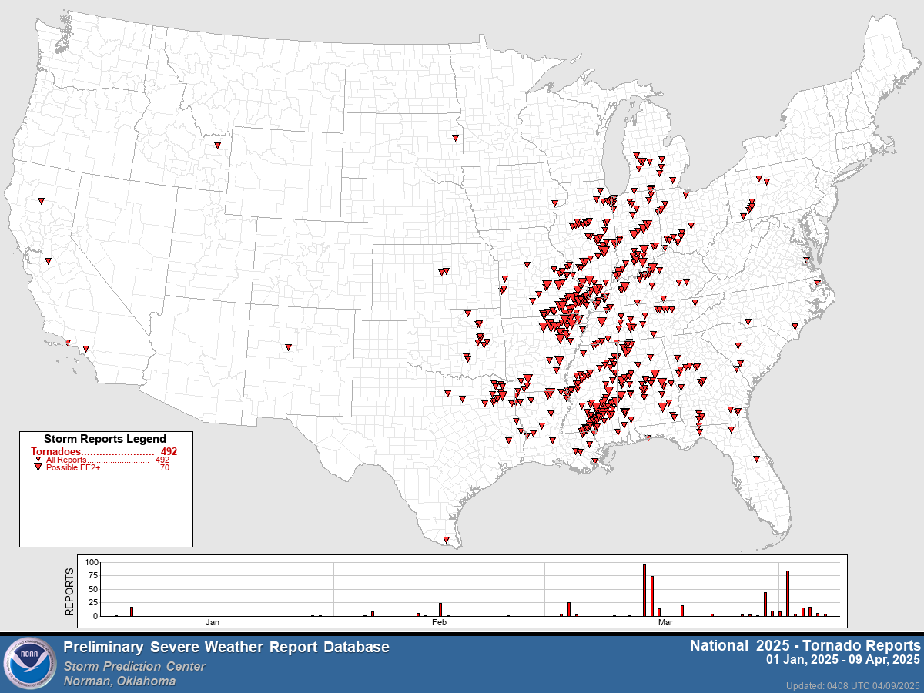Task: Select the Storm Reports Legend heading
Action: tap(105, 439)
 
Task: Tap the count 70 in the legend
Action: tap(164, 467)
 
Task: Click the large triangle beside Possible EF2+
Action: tap(38, 467)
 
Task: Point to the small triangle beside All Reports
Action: tap(38, 459)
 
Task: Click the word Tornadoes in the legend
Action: tap(55, 451)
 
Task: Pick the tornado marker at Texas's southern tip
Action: tap(446, 540)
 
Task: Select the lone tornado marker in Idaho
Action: tap(216, 144)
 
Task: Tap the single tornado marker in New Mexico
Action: tap(288, 347)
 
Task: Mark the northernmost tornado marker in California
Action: tap(41, 201)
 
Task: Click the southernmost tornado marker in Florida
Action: tap(756, 459)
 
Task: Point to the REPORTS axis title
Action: tap(69, 591)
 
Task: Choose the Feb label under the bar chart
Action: tap(439, 621)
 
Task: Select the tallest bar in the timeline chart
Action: tap(644, 591)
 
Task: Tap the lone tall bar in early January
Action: tap(132, 611)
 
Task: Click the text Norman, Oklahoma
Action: tap(119, 681)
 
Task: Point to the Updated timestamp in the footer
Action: tap(852, 685)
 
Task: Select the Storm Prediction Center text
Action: tap(135, 666)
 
